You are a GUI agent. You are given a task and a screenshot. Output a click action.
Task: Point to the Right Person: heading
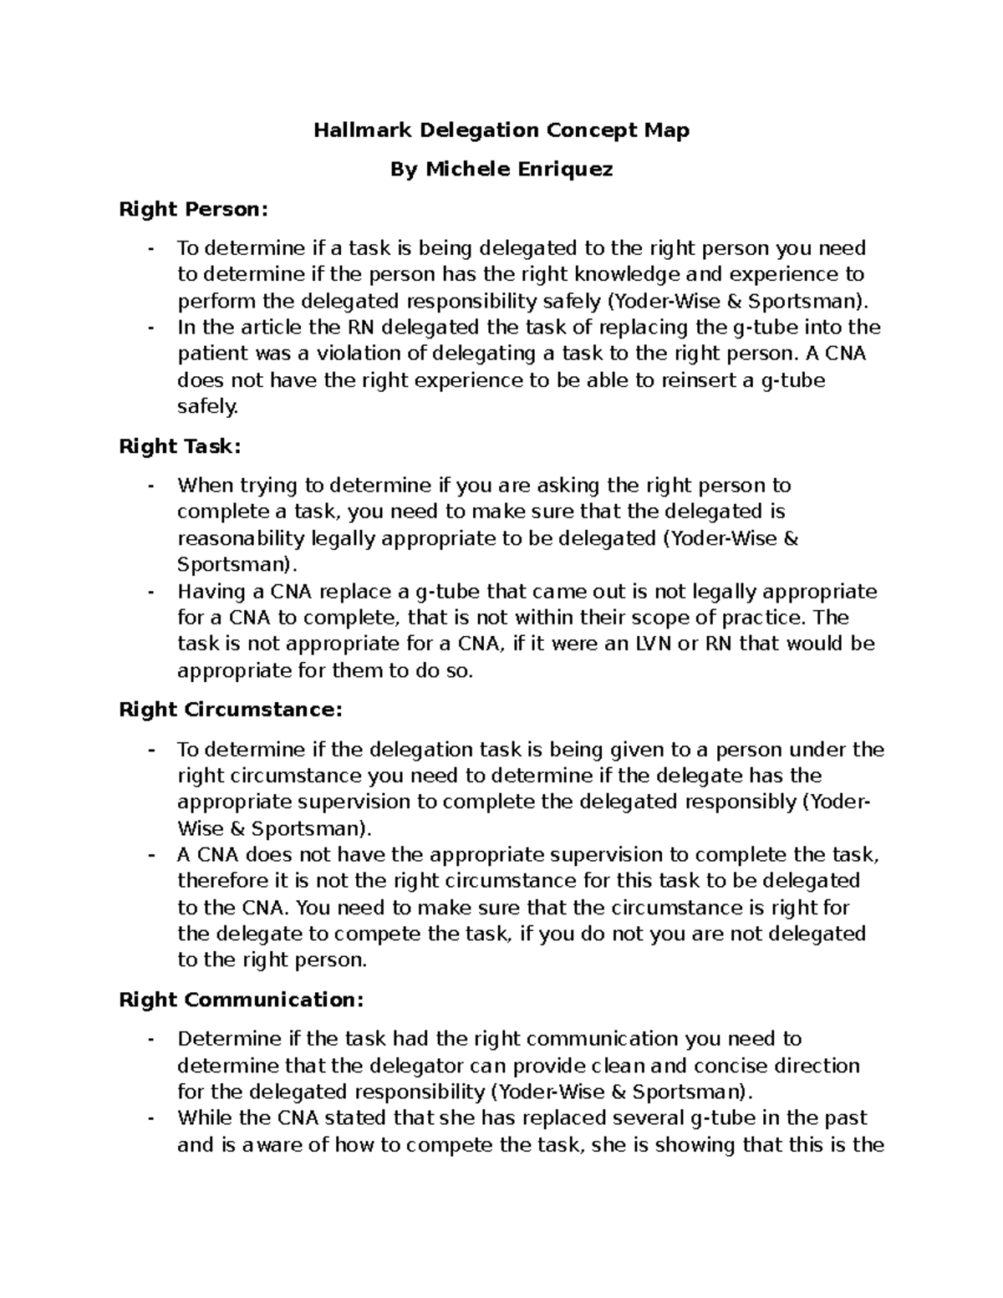(x=195, y=209)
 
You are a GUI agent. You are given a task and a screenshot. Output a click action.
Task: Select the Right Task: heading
(x=180, y=446)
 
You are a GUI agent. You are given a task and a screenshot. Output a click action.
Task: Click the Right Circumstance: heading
(x=231, y=710)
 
